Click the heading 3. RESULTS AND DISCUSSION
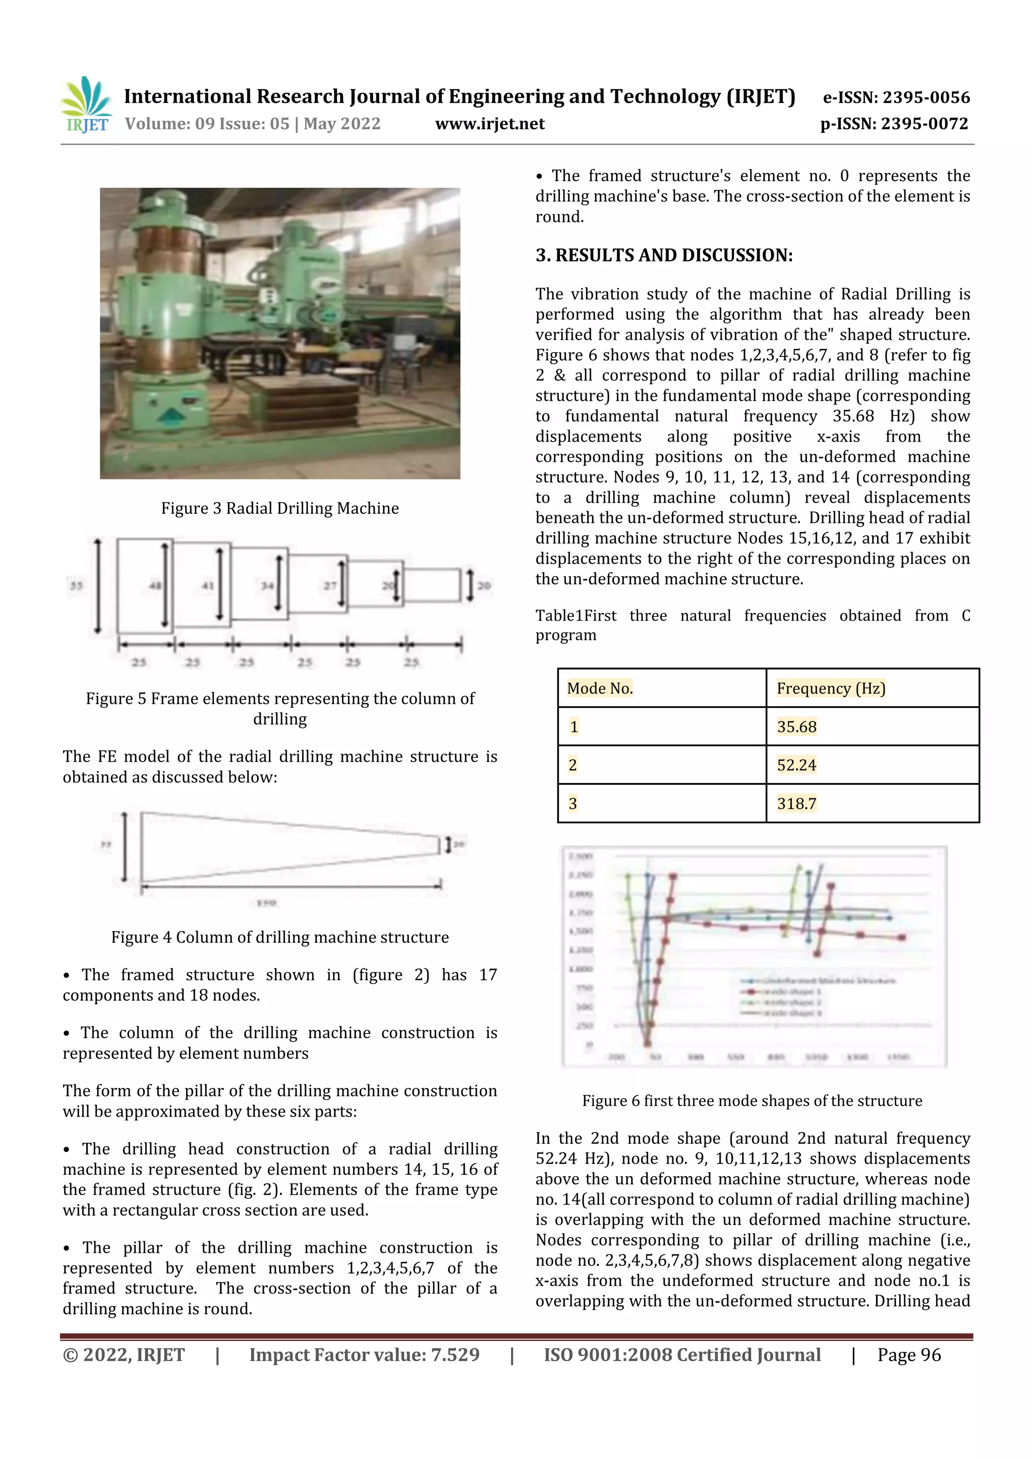pos(664,255)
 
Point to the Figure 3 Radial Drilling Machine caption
pos(279,508)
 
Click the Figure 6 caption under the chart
pos(752,1101)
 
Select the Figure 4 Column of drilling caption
pos(279,937)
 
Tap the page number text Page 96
pos(908,1355)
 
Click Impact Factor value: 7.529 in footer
pos(364,1355)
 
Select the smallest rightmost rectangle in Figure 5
pos(432,585)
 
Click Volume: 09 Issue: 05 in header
pos(253,124)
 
